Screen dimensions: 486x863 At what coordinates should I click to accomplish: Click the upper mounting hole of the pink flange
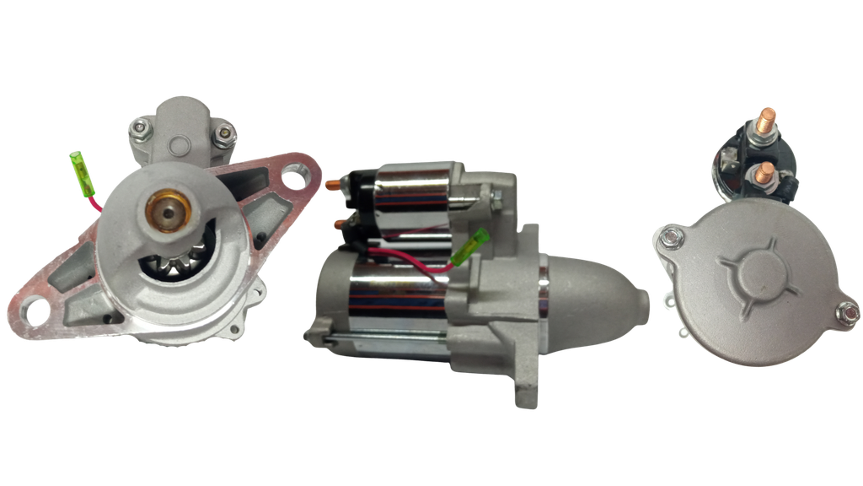[x=294, y=178]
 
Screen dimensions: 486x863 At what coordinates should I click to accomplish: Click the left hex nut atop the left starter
[x=140, y=128]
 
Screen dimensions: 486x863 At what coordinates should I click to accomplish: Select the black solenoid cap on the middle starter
[x=357, y=202]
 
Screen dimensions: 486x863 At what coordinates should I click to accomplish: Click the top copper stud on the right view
[x=767, y=118]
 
